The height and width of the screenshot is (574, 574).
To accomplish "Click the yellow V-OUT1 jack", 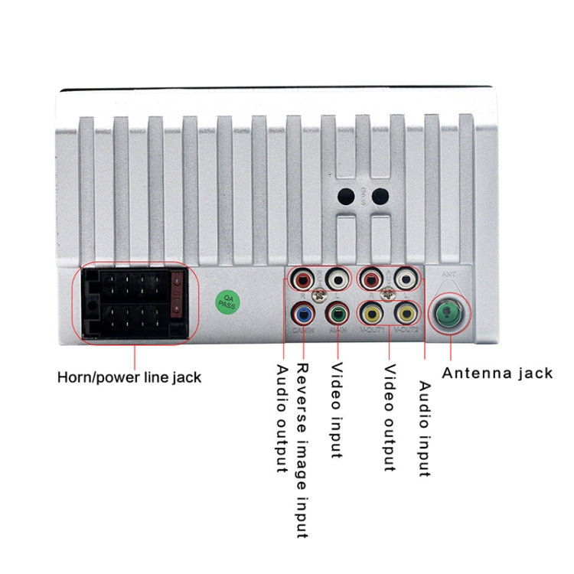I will tap(373, 314).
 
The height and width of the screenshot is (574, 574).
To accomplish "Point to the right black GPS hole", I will tap(378, 196).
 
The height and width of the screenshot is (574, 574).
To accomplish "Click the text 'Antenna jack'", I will tap(497, 373).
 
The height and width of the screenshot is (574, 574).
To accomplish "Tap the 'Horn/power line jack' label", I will tap(129, 377).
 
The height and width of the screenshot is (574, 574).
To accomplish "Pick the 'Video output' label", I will tap(390, 418).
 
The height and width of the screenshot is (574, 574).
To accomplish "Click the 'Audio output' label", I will tap(281, 418).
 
